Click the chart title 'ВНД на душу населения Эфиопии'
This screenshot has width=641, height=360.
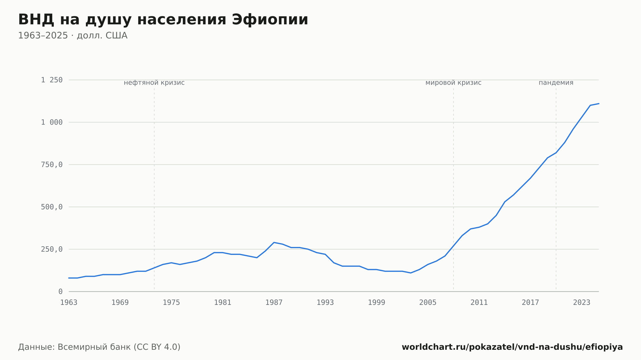tap(163, 20)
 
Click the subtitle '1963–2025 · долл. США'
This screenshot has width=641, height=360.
tap(73, 36)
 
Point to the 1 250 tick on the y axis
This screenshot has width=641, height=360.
tap(52, 80)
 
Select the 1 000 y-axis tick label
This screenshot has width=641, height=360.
tap(52, 122)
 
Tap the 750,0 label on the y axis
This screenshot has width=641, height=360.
tap(52, 165)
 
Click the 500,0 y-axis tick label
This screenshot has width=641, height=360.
tap(52, 207)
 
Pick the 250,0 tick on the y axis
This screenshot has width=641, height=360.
tap(52, 249)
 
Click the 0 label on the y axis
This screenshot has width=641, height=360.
tap(60, 291)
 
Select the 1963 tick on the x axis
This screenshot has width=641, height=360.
tap(69, 303)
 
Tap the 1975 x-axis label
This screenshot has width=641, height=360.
tap(171, 303)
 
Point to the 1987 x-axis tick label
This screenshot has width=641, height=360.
tap(274, 303)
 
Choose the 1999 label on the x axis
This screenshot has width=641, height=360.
tap(377, 303)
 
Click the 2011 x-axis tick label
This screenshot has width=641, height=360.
tap(479, 303)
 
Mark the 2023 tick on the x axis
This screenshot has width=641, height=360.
tap(582, 303)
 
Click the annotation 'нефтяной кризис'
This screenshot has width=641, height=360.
tap(154, 83)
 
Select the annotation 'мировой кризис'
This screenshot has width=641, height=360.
tap(454, 83)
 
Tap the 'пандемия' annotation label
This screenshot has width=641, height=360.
tap(556, 83)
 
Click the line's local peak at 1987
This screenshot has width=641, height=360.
tap(274, 242)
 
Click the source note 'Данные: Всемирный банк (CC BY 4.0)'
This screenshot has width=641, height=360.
tap(99, 347)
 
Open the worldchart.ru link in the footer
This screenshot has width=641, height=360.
tap(512, 347)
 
